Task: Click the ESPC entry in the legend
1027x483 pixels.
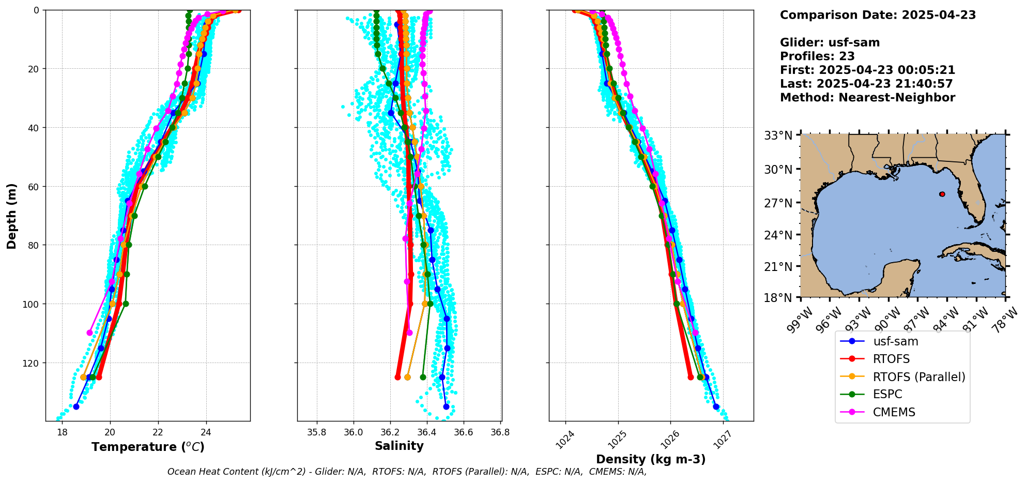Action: tap(887, 394)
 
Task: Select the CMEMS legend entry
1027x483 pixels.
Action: tap(894, 412)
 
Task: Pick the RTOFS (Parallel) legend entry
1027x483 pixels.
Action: tap(918, 376)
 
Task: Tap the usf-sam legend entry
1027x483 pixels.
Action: tap(895, 341)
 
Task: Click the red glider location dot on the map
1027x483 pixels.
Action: tap(942, 194)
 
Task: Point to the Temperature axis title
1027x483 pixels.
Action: tap(148, 447)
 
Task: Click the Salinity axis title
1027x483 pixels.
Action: tap(399, 446)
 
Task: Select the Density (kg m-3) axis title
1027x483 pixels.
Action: tap(651, 459)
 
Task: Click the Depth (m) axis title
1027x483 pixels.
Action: tap(11, 216)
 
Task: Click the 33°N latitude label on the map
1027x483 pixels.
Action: tap(778, 135)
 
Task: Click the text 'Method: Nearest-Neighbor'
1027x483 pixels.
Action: tap(867, 97)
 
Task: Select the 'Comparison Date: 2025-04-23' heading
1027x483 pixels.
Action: tap(878, 15)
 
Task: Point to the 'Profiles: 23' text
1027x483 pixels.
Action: tap(817, 56)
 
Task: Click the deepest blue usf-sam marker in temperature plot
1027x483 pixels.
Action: tap(76, 406)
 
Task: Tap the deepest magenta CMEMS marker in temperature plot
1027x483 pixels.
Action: tap(89, 333)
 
